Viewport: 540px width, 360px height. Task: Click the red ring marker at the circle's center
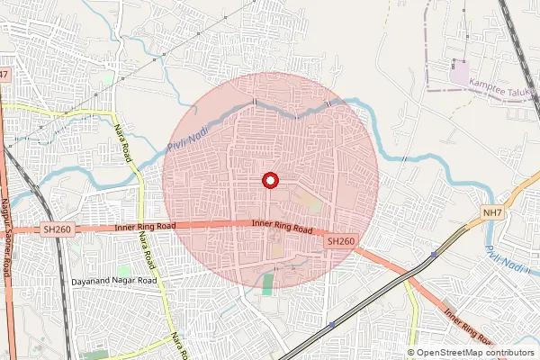point(269,180)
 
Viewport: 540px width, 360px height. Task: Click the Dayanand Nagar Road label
point(113,282)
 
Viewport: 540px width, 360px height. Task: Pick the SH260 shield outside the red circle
point(57,230)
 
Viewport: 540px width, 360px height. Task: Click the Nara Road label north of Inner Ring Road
point(124,142)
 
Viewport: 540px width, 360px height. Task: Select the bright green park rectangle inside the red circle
point(268,284)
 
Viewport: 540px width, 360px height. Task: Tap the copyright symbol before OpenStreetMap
point(412,353)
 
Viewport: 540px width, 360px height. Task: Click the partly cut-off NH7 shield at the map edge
point(4,74)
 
